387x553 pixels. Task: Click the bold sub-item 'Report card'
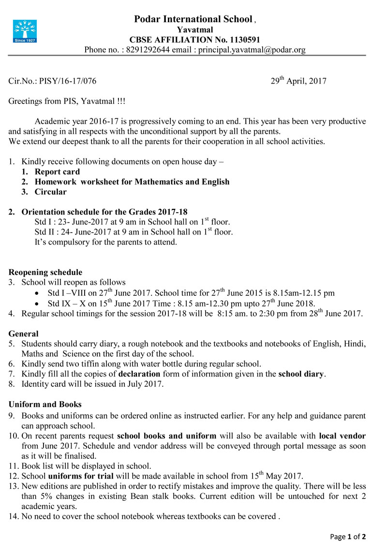(57, 172)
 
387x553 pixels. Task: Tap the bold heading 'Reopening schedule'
(45, 272)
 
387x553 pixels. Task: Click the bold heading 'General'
(24, 334)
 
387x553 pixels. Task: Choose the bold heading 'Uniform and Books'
(45, 404)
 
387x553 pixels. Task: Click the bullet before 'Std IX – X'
(38, 304)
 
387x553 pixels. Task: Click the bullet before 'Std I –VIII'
(38, 293)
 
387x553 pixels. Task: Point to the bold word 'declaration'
(141, 374)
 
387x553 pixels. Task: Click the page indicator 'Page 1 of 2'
(347, 537)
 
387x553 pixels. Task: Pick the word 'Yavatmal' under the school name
(192, 30)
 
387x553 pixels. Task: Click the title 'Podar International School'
(193, 19)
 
